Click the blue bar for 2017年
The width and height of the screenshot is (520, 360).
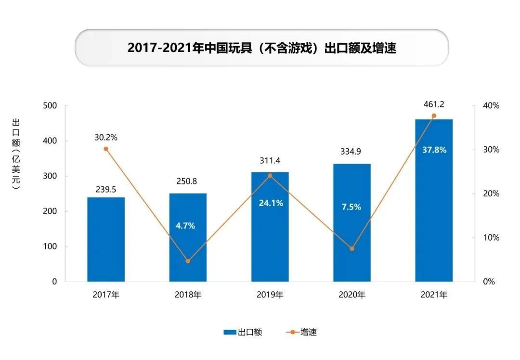[x=106, y=239]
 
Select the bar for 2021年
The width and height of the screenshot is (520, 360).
[x=434, y=200]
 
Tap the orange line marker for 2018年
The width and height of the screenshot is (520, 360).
[x=188, y=261]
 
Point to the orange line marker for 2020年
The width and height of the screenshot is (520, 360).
[x=352, y=249]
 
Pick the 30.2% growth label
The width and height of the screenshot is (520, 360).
[x=106, y=137]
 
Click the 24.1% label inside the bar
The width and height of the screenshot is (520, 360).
[x=270, y=203]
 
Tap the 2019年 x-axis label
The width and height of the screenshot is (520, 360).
[x=270, y=295]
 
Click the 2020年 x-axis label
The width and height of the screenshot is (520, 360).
[x=352, y=295]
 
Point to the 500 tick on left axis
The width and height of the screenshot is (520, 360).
[x=50, y=106]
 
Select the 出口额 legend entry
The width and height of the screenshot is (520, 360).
[x=243, y=332]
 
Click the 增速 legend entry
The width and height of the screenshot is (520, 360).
[x=303, y=332]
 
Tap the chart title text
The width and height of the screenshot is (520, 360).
[x=261, y=48]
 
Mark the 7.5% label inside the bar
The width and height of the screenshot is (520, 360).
[x=351, y=207]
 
